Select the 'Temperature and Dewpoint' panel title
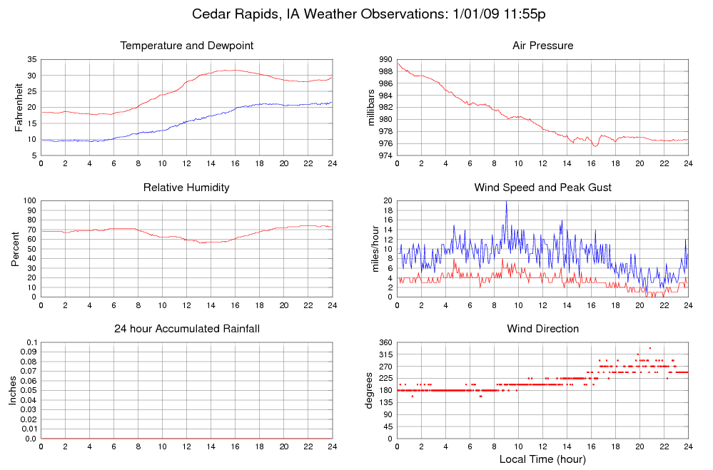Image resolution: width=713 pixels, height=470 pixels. coord(187,46)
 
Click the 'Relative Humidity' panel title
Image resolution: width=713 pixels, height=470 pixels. coord(187,188)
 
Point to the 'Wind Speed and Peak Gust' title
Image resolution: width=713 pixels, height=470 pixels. coord(542,188)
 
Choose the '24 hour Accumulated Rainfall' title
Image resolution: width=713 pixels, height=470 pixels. coord(187,329)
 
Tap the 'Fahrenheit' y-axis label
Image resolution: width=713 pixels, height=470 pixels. coord(19,108)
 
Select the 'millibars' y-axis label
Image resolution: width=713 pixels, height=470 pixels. coord(370,108)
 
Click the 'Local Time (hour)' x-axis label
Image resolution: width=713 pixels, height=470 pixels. coord(542,459)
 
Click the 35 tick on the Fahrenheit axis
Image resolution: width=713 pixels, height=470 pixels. coord(31,60)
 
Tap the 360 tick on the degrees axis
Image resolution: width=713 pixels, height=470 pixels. coord(385,343)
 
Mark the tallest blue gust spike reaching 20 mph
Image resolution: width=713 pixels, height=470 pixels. coord(506,202)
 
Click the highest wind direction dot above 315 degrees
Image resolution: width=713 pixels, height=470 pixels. coord(649,348)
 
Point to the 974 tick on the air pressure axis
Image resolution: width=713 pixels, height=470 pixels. coord(385,155)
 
